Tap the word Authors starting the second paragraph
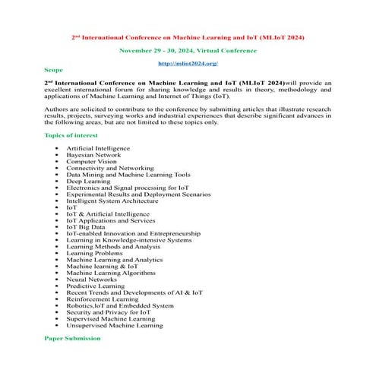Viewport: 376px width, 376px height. click(56, 109)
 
